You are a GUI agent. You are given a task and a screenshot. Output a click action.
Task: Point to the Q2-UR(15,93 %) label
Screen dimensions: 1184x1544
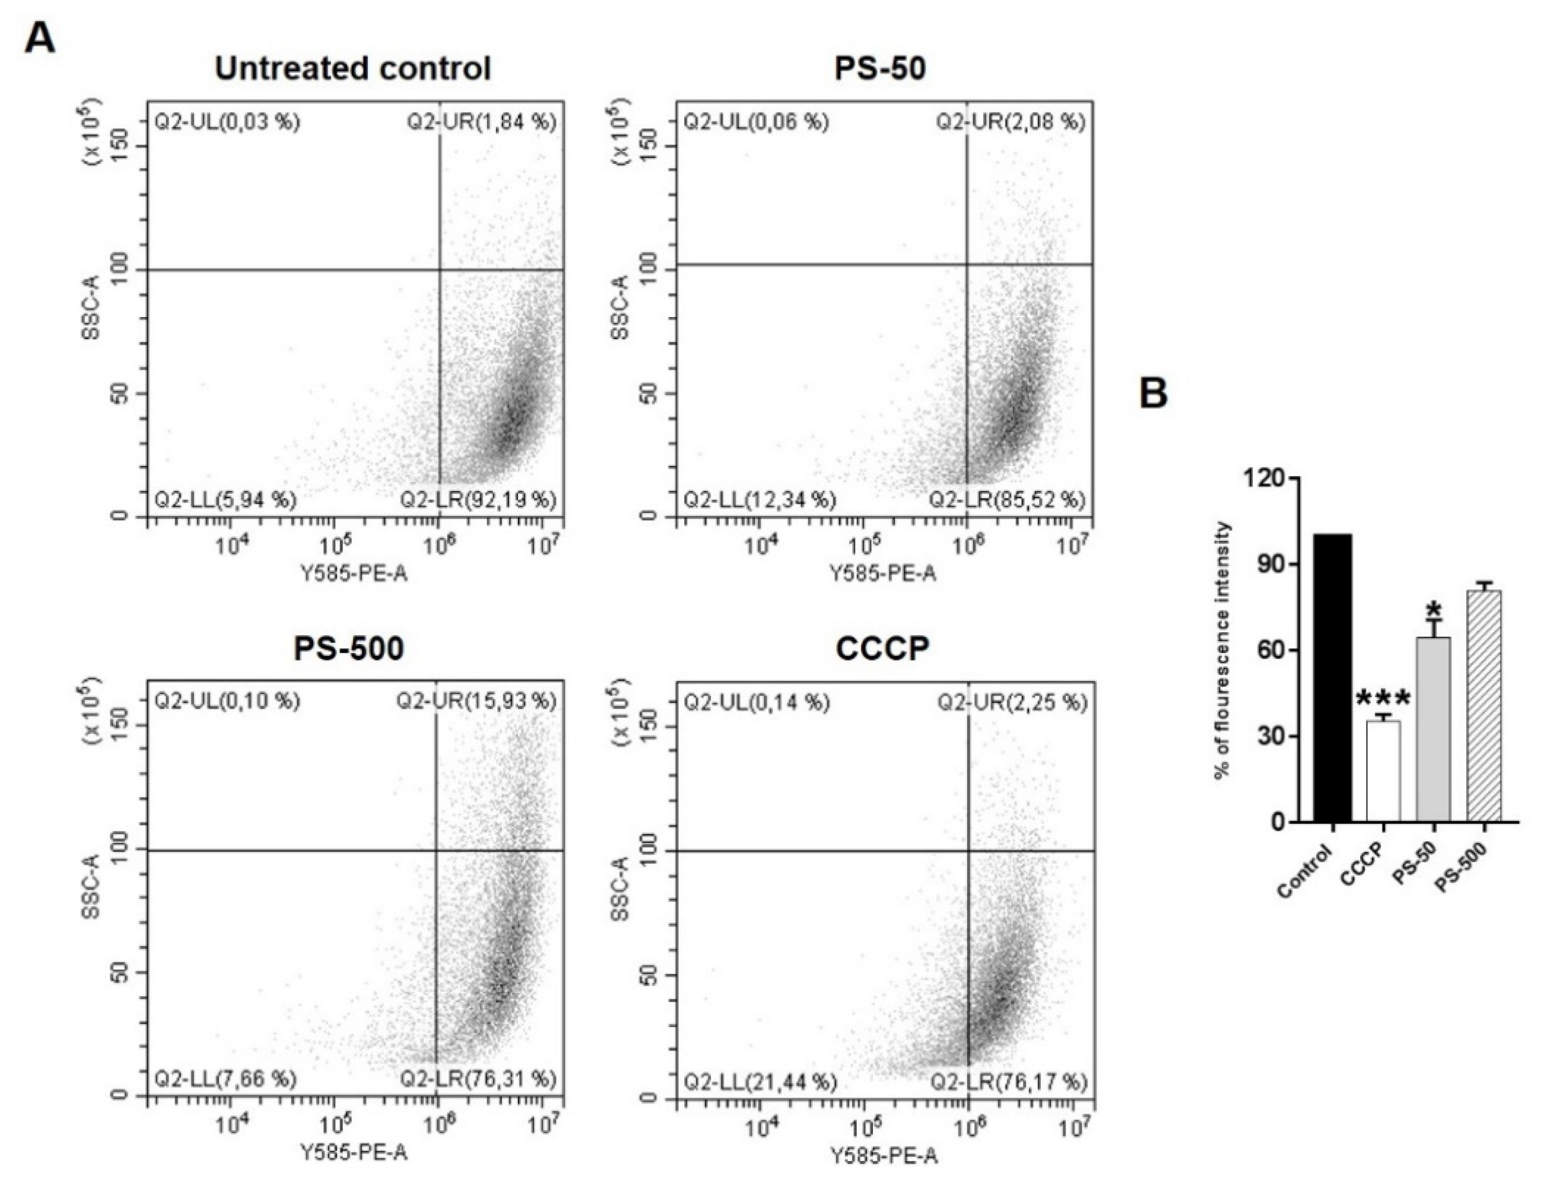coord(476,701)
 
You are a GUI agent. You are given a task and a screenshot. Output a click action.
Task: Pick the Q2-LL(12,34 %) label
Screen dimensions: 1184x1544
coord(760,500)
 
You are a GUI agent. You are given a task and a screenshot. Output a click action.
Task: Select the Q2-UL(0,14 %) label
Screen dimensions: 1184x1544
coord(757,702)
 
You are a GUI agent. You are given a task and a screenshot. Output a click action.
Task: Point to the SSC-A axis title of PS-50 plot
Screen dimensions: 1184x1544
coord(620,308)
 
